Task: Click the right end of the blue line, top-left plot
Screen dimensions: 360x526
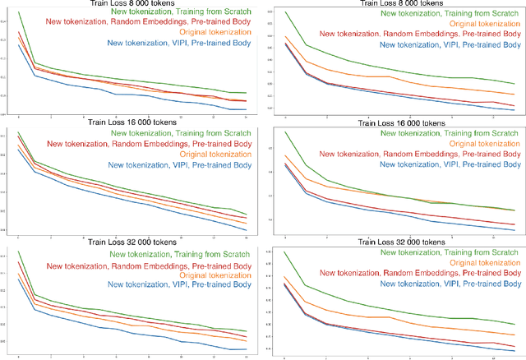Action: [x=247, y=108]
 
